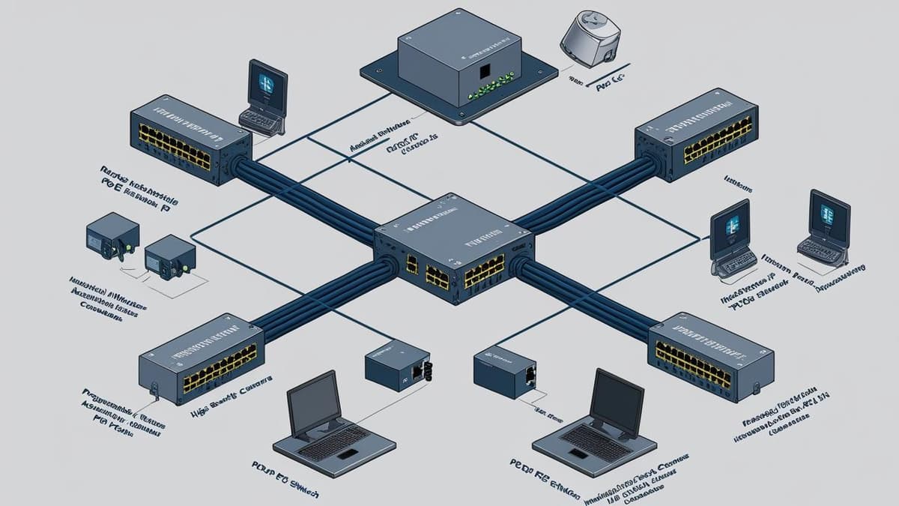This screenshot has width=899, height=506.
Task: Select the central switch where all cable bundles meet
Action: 454,251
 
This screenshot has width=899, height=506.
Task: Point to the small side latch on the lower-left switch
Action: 154,390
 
